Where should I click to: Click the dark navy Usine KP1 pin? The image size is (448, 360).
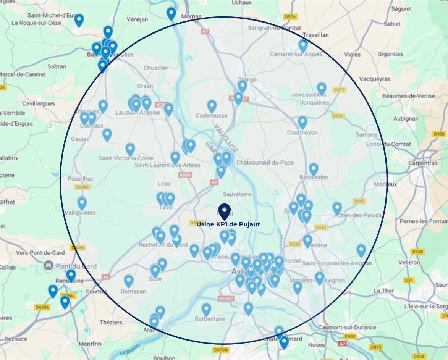[225, 211]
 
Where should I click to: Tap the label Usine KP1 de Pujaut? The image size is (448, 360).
[228, 224]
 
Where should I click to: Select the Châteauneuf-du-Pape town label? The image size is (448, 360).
[265, 163]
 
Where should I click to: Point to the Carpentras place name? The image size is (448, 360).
[422, 163]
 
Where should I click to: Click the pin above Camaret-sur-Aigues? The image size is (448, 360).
[303, 45]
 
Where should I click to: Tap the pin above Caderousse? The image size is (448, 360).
[212, 106]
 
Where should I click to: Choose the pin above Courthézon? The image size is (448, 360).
[302, 122]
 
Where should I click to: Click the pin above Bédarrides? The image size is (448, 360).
[313, 169]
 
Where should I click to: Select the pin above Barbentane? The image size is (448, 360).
[206, 309]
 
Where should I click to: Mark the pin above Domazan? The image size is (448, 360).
[129, 281]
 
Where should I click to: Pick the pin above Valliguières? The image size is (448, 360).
[82, 203]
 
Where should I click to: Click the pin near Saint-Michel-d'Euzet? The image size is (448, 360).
[79, 19]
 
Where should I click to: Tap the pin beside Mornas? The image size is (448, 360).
[171, 14]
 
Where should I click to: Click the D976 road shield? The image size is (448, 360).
[291, 17]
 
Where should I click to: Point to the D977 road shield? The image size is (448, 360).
[339, 90]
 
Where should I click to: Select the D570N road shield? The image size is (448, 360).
[221, 350]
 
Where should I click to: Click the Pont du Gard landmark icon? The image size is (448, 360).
[49, 265]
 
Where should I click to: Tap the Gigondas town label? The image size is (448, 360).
[390, 54]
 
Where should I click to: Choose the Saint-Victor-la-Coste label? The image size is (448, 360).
[126, 158]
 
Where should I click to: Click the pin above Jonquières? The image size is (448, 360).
[322, 88]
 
